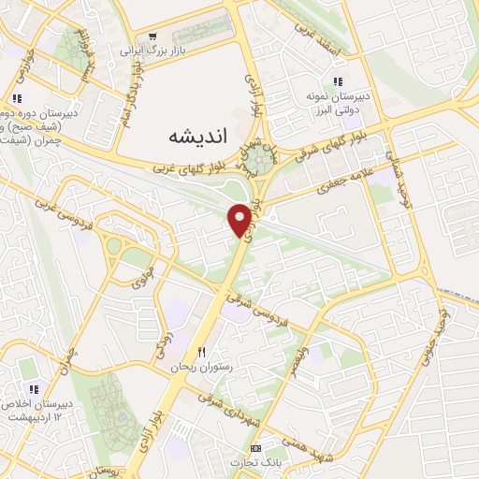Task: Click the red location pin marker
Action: pos(240,217)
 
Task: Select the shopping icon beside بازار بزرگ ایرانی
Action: pos(152,36)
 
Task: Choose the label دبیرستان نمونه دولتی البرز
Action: pos(339,102)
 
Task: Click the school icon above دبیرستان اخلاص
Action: pos(33,389)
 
